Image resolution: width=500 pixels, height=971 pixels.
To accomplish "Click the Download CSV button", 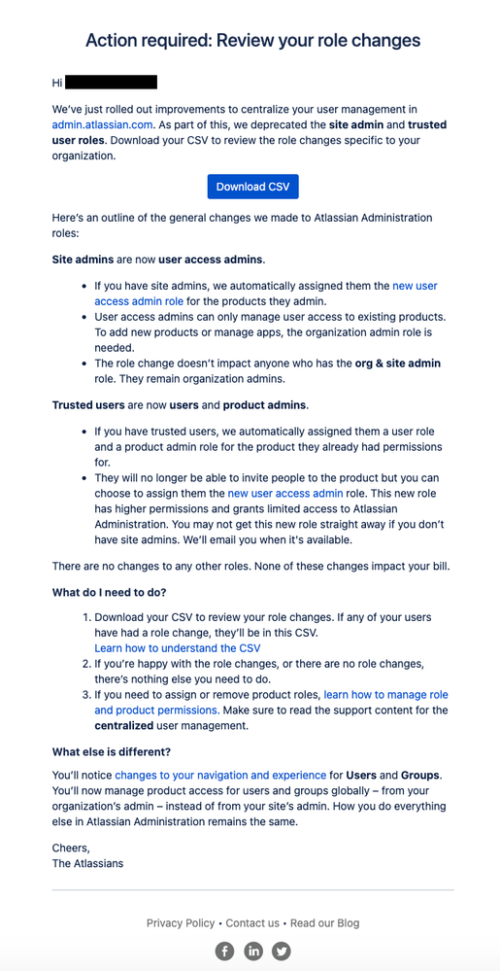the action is point(252,187).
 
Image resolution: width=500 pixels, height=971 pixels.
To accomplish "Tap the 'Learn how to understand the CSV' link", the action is point(178,647).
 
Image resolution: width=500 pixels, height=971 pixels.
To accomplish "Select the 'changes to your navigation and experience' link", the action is point(220,775).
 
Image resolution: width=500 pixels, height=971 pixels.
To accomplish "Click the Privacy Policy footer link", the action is point(181,922).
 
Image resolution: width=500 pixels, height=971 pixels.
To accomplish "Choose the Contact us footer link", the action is point(252,922).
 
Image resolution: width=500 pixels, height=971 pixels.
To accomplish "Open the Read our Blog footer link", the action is point(324,922).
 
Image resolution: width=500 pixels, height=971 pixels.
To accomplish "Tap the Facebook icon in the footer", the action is point(224,951).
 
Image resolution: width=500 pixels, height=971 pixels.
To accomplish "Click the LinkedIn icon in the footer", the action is point(252,951).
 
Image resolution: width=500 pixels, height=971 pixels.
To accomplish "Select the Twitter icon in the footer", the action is point(282,951).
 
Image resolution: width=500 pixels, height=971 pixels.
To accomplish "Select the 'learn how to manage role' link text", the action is point(385,695).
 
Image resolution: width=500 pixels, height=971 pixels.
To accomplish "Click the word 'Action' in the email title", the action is point(111,41).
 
